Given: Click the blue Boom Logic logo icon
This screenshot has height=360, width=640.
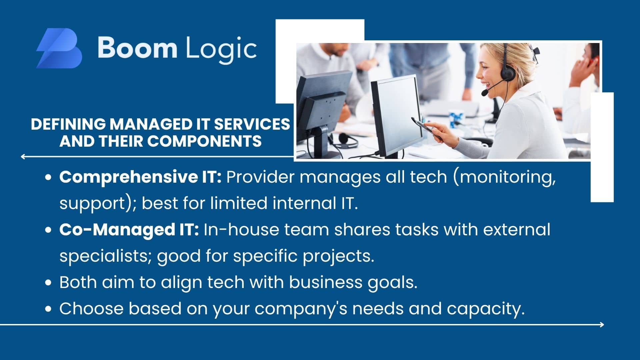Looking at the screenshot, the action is pos(59,48).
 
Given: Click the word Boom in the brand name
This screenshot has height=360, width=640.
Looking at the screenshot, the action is pos(137,48).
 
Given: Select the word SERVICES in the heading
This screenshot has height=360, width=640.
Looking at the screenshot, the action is pos(252,124).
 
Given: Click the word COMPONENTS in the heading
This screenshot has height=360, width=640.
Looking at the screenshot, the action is pos(204,141).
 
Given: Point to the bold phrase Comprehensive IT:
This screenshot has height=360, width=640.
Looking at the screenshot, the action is pos(140,177).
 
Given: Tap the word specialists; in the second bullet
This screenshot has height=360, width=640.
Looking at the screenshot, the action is pos(106,256).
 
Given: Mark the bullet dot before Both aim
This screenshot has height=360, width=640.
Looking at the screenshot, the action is pos(49,283).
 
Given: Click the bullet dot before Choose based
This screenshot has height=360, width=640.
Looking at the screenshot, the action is pos(49,309).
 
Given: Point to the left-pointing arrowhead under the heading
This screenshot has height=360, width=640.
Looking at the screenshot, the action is pos(23,156).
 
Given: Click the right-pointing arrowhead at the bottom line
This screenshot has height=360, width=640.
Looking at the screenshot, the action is pos(602,324).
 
